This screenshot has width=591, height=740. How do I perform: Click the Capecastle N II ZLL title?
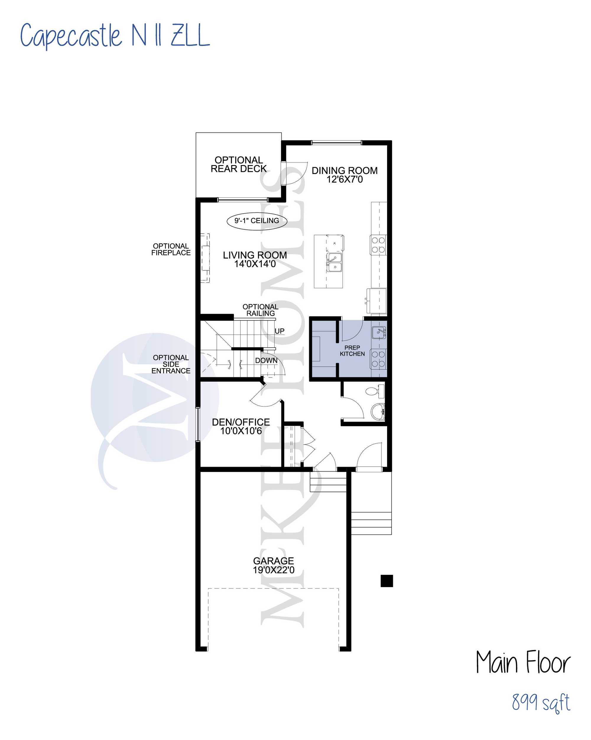115,36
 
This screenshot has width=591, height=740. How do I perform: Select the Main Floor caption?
523,662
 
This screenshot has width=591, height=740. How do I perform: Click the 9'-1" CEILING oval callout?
257,221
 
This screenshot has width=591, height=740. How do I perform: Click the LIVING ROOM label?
255,259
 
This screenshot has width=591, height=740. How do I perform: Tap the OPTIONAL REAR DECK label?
238,165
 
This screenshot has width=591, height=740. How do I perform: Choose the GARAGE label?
274,565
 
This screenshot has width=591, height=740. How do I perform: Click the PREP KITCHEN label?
352,351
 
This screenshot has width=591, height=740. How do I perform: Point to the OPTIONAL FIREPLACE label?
171,249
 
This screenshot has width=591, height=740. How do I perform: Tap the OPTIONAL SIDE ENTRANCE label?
171,364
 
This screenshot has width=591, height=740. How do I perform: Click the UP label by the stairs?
279,331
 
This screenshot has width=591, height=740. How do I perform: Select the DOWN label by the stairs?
266,360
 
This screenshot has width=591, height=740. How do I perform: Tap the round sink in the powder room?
378,412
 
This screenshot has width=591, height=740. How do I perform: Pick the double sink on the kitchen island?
334,262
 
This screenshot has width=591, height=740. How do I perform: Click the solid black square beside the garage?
387,581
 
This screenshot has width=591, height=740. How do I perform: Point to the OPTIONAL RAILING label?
261,310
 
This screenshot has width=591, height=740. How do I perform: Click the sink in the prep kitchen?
379,332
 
